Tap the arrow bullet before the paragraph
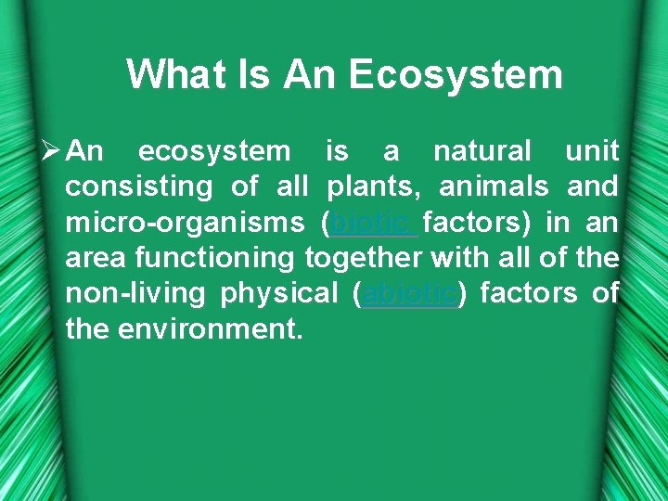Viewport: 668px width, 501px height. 52,150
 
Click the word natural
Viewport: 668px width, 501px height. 482,150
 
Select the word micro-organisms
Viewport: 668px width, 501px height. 185,223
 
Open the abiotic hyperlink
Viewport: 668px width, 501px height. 409,294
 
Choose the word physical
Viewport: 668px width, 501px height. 279,294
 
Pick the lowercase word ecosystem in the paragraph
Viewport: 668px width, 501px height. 214,150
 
